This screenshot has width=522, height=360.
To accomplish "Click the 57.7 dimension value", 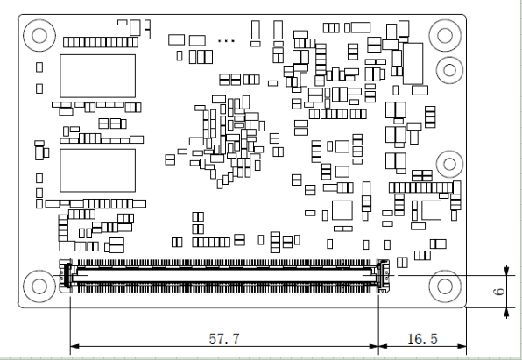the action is [224, 339].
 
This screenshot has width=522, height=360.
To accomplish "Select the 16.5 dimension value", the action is [422, 339].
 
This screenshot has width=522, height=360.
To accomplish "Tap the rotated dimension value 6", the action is [498, 292].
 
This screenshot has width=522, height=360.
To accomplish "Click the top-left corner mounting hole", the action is [39, 35].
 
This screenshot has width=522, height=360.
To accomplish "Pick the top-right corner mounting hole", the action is [445, 35].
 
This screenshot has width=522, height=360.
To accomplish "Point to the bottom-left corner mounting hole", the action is [39, 286].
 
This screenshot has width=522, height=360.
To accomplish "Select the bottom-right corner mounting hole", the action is [445, 286].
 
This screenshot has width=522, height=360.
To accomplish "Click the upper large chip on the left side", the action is [97, 76].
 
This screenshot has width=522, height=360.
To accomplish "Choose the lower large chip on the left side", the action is [97, 171].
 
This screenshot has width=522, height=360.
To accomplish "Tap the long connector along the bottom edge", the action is [224, 276].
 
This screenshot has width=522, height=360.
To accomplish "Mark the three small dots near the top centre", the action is [226, 41].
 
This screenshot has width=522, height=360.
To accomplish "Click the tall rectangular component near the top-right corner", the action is [413, 63].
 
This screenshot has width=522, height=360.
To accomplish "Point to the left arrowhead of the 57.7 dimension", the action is [74, 346].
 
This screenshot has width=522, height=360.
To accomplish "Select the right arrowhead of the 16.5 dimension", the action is [462, 346].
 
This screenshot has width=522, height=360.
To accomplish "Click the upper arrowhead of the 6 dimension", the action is [506, 271].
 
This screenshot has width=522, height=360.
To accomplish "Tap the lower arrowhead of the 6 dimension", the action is [506, 312].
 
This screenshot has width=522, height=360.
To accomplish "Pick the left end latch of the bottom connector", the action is [66, 276].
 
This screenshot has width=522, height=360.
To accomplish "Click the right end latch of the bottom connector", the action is [384, 276].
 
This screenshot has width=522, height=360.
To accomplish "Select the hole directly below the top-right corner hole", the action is [449, 70].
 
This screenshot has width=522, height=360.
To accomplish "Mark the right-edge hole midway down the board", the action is [449, 164].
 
